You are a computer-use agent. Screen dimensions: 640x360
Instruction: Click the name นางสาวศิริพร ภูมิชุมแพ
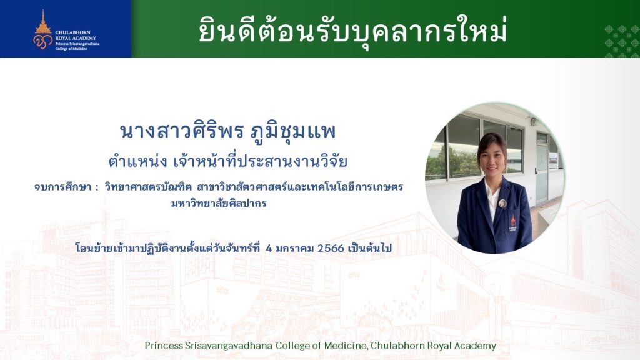tap(227, 131)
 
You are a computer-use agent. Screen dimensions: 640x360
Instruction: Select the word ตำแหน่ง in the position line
tap(137, 161)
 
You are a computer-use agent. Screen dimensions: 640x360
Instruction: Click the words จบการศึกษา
tap(63, 187)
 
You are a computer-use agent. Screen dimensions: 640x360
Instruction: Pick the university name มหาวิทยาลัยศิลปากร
tap(219, 203)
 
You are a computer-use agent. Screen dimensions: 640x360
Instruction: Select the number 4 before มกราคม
tap(269, 248)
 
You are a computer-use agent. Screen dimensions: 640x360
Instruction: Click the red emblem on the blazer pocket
tap(513, 223)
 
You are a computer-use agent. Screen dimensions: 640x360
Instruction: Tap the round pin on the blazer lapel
tap(502, 203)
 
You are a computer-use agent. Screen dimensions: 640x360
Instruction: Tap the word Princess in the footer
tap(164, 346)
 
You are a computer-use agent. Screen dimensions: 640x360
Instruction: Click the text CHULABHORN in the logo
tap(72, 32)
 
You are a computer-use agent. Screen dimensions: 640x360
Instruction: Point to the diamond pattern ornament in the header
tap(622, 41)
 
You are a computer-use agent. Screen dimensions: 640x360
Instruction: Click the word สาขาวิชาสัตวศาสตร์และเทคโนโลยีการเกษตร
tap(300, 187)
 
